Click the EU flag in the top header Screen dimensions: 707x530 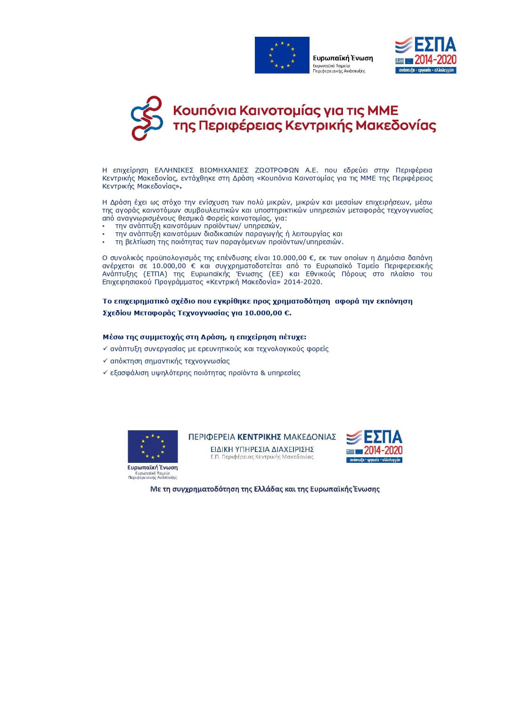click(x=282, y=55)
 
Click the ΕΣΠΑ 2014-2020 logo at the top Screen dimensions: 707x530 click(x=425, y=55)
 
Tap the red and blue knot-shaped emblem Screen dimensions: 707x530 click(x=147, y=118)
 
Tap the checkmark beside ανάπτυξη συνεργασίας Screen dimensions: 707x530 click(x=105, y=349)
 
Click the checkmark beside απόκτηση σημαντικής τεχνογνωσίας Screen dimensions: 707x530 click(x=105, y=361)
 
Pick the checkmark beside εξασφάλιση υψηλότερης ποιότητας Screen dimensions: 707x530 click(x=105, y=373)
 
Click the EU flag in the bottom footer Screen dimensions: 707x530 click(x=153, y=446)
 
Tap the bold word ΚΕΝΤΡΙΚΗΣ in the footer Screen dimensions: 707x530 click(x=259, y=437)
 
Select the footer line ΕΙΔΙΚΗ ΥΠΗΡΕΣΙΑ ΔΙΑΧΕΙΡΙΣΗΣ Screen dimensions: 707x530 click(x=262, y=449)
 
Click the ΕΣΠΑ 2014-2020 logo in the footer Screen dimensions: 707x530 click(x=374, y=446)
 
